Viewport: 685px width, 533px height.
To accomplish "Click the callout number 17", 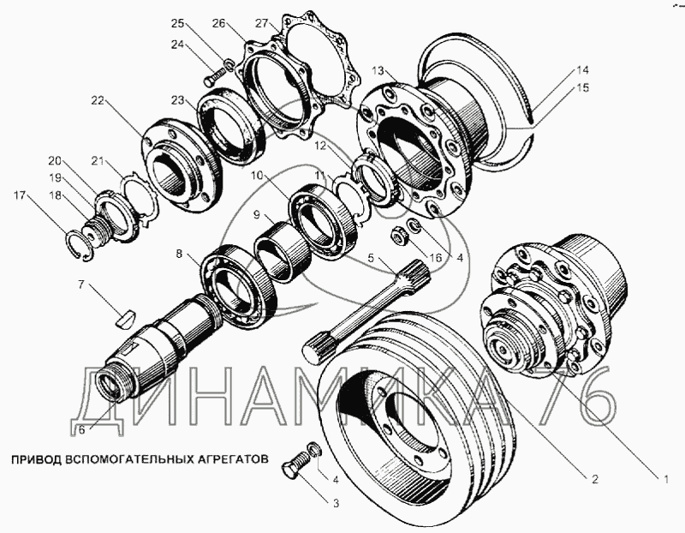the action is tap(20, 195).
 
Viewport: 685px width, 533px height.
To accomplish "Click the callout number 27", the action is tap(261, 23).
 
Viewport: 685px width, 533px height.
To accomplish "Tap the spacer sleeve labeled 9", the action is tap(283, 251).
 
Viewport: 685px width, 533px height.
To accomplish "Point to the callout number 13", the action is tap(378, 71).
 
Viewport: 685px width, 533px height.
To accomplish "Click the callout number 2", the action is tap(594, 479).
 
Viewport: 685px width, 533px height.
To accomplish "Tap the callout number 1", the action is tap(666, 480).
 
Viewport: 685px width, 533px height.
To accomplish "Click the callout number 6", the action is tap(81, 430).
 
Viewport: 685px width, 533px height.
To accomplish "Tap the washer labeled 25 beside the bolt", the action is tap(228, 66).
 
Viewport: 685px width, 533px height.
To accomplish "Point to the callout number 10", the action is tap(258, 176).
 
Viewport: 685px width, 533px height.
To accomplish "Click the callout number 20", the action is tap(55, 161).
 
